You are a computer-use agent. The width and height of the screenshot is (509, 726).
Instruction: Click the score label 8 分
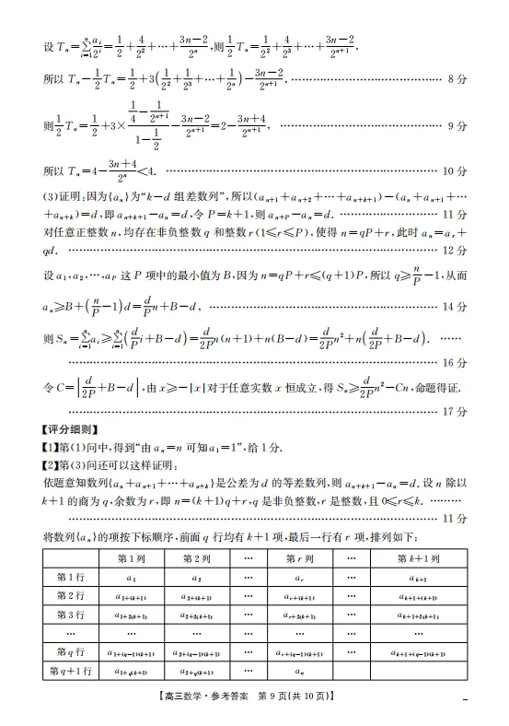[457, 80]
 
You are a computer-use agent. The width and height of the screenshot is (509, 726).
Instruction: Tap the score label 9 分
[457, 126]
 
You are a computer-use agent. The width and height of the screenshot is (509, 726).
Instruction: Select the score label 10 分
[456, 171]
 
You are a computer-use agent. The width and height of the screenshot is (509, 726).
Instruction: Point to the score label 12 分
[456, 251]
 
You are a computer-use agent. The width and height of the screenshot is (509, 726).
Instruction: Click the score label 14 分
[456, 306]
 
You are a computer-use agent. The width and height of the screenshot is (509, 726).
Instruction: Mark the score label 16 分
[456, 362]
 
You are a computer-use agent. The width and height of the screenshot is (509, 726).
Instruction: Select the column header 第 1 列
[130, 558]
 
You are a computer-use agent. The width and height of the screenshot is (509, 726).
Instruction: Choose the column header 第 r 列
[299, 558]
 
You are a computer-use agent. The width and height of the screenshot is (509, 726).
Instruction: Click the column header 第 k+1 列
[420, 558]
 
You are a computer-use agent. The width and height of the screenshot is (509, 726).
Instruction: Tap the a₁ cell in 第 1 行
[130, 578]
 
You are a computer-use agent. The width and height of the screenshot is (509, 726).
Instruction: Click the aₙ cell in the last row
[299, 673]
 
